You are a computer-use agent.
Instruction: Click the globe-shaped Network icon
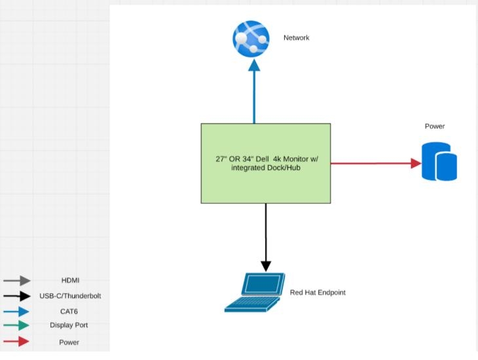tap(251, 39)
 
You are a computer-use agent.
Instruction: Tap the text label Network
tap(296, 38)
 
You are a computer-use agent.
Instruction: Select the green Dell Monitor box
tap(265, 163)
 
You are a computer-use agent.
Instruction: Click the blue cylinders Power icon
tap(439, 162)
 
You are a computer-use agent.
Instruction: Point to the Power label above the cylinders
tap(435, 126)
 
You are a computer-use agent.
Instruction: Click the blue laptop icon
tap(255, 292)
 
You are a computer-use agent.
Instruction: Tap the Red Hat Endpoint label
tap(318, 293)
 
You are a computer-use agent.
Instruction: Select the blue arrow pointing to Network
tap(254, 92)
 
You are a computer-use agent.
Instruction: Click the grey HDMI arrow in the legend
tap(17, 281)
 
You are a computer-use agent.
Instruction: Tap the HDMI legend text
tap(70, 281)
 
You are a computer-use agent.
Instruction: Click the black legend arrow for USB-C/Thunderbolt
tap(17, 296)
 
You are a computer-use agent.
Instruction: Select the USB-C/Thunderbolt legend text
tap(70, 296)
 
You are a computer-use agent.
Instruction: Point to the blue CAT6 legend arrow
tap(17, 312)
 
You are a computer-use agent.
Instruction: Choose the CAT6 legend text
tap(69, 312)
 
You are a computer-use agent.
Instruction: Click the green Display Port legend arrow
tap(17, 325)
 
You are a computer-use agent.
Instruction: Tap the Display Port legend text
tap(69, 325)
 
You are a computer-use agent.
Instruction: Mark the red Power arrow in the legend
tap(17, 342)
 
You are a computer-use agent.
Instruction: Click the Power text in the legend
tap(69, 342)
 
